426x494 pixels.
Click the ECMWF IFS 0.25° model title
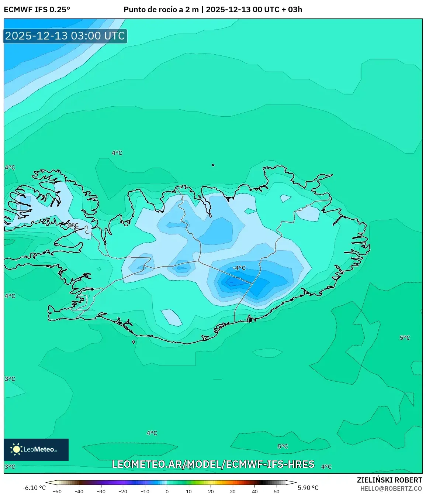[x=37, y=10]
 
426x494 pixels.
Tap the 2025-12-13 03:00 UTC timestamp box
[x=65, y=36]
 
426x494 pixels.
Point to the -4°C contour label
[x=239, y=268]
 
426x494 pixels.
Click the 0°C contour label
[x=73, y=225]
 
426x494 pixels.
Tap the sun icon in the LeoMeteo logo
[x=16, y=449]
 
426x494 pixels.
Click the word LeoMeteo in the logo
[x=39, y=449]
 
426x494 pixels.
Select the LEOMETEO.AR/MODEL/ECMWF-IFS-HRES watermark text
[x=213, y=464]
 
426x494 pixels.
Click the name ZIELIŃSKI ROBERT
[x=389, y=480]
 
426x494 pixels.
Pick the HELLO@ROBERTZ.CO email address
[x=391, y=488]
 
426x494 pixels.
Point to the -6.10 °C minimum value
[x=34, y=488]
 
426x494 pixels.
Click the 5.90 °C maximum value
[x=308, y=488]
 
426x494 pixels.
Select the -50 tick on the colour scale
[x=57, y=491]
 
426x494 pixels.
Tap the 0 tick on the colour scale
[x=167, y=491]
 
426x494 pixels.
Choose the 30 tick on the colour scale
[x=233, y=491]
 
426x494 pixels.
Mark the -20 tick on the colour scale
[x=123, y=491]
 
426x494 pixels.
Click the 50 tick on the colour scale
[x=277, y=491]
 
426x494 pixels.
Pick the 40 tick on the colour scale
[x=255, y=491]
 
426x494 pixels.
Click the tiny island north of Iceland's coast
[x=213, y=165]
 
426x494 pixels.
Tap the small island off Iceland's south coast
[x=134, y=342]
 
